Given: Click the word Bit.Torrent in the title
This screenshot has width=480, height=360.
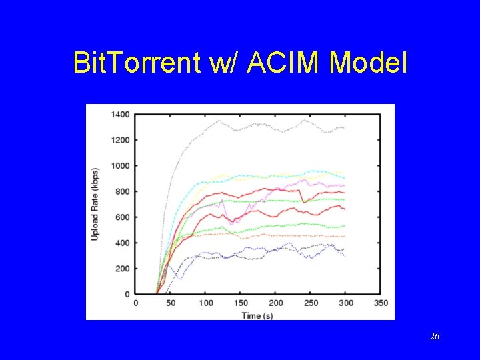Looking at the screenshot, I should tap(137, 63).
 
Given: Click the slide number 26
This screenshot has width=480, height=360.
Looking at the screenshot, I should tap(435, 337).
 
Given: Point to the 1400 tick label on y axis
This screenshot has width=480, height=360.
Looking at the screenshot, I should tap(120, 115).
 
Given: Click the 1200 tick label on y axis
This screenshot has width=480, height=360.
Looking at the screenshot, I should tap(120, 140).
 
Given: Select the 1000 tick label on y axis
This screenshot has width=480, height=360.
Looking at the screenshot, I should tap(120, 166).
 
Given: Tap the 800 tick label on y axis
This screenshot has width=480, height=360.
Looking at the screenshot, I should tap(122, 191).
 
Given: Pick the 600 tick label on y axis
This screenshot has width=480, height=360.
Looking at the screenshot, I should tap(122, 217).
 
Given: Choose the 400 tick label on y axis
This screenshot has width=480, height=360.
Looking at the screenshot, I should tap(122, 243).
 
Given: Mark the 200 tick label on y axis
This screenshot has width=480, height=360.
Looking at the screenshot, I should tap(122, 269).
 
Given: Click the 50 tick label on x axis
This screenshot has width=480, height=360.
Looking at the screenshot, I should tap(171, 303).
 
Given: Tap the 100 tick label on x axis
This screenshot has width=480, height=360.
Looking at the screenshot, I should tap(207, 303).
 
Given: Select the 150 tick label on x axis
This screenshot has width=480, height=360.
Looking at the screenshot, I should tap(241, 303).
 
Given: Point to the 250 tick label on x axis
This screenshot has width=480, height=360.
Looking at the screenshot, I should tap(311, 303).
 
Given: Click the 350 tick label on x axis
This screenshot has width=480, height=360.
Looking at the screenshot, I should tap(381, 303).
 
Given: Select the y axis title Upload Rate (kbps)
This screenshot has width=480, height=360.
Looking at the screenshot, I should tap(95, 204).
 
